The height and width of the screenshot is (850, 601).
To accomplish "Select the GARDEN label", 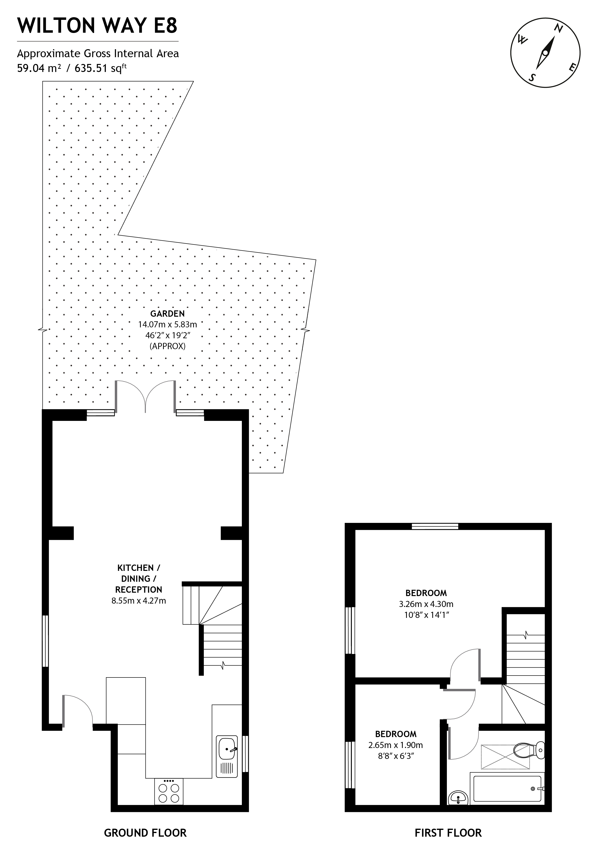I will click(x=167, y=314).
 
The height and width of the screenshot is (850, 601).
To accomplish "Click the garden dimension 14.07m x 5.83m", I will click(x=167, y=325).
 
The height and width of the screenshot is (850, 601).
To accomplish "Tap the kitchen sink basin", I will click(x=227, y=748).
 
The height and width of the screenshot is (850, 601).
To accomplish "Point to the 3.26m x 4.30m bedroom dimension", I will click(x=426, y=604).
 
